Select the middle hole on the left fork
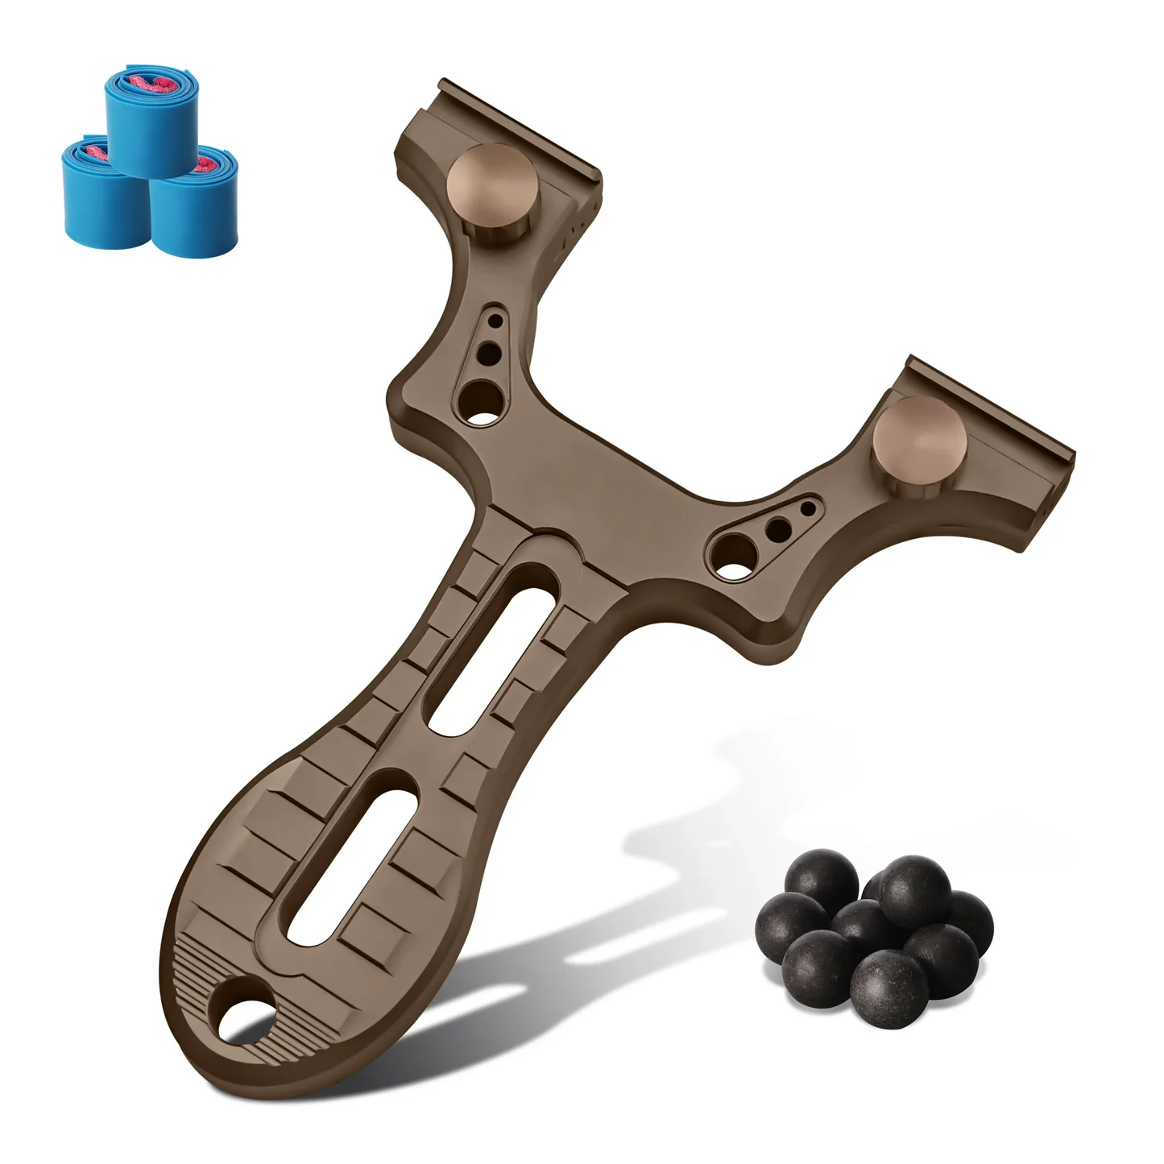coord(488,352)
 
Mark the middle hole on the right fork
coord(778,529)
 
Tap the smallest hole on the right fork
coord(807,509)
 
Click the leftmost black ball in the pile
coord(790,923)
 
